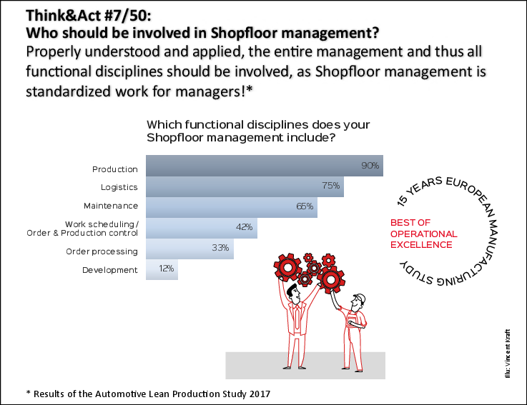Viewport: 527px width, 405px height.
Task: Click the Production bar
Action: pyautogui.click(x=265, y=166)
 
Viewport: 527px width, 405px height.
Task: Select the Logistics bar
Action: pyautogui.click(x=245, y=186)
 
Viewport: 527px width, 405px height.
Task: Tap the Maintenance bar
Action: pyautogui.click(x=231, y=207)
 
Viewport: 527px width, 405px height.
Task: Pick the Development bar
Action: pyautogui.click(x=162, y=269)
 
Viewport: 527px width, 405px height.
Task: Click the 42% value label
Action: pyautogui.click(x=245, y=227)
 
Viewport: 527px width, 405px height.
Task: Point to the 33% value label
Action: pyautogui.click(x=220, y=249)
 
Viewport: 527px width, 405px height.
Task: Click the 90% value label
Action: pyautogui.click(x=370, y=166)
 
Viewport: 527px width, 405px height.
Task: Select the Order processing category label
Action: pyautogui.click(x=102, y=251)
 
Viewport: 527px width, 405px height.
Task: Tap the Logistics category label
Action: pyautogui.click(x=119, y=187)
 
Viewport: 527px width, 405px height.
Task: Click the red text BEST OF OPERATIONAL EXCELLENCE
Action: pyautogui.click(x=423, y=234)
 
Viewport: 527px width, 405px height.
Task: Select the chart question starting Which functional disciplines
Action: pyautogui.click(x=257, y=130)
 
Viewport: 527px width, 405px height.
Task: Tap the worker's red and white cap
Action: pyautogui.click(x=360, y=299)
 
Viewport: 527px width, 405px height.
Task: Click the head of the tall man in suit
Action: pyautogui.click(x=293, y=292)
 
